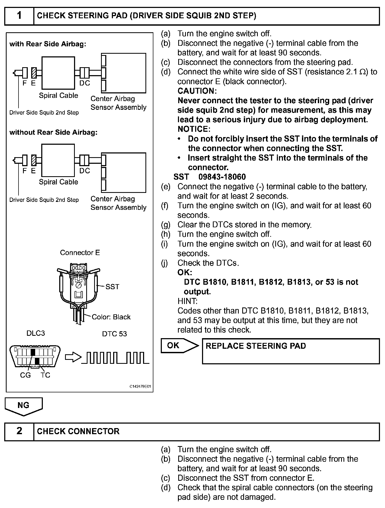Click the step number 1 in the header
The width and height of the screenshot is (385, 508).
[19, 16]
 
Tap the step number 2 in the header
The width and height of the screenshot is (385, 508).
[19, 431]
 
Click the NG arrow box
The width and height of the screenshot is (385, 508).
[24, 406]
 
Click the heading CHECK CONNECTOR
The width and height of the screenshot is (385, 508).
[78, 431]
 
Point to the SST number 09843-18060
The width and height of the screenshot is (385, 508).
[222, 177]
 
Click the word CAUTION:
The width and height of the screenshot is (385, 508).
[197, 91]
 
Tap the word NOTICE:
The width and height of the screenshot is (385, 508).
[194, 129]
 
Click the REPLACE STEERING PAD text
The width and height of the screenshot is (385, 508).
[256, 346]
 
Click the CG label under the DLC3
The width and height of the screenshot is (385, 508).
[25, 375]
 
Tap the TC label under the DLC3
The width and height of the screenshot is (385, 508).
[45, 375]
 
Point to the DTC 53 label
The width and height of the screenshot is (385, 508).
[114, 334]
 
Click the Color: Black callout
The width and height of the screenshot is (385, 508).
[111, 317]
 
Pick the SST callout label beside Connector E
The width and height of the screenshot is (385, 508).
[112, 287]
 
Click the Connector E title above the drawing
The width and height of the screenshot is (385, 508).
[80, 253]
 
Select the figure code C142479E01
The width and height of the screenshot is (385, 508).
[140, 387]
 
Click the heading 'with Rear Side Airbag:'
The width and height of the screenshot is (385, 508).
[48, 44]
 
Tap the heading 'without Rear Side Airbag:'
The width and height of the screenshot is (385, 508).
[53, 132]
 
